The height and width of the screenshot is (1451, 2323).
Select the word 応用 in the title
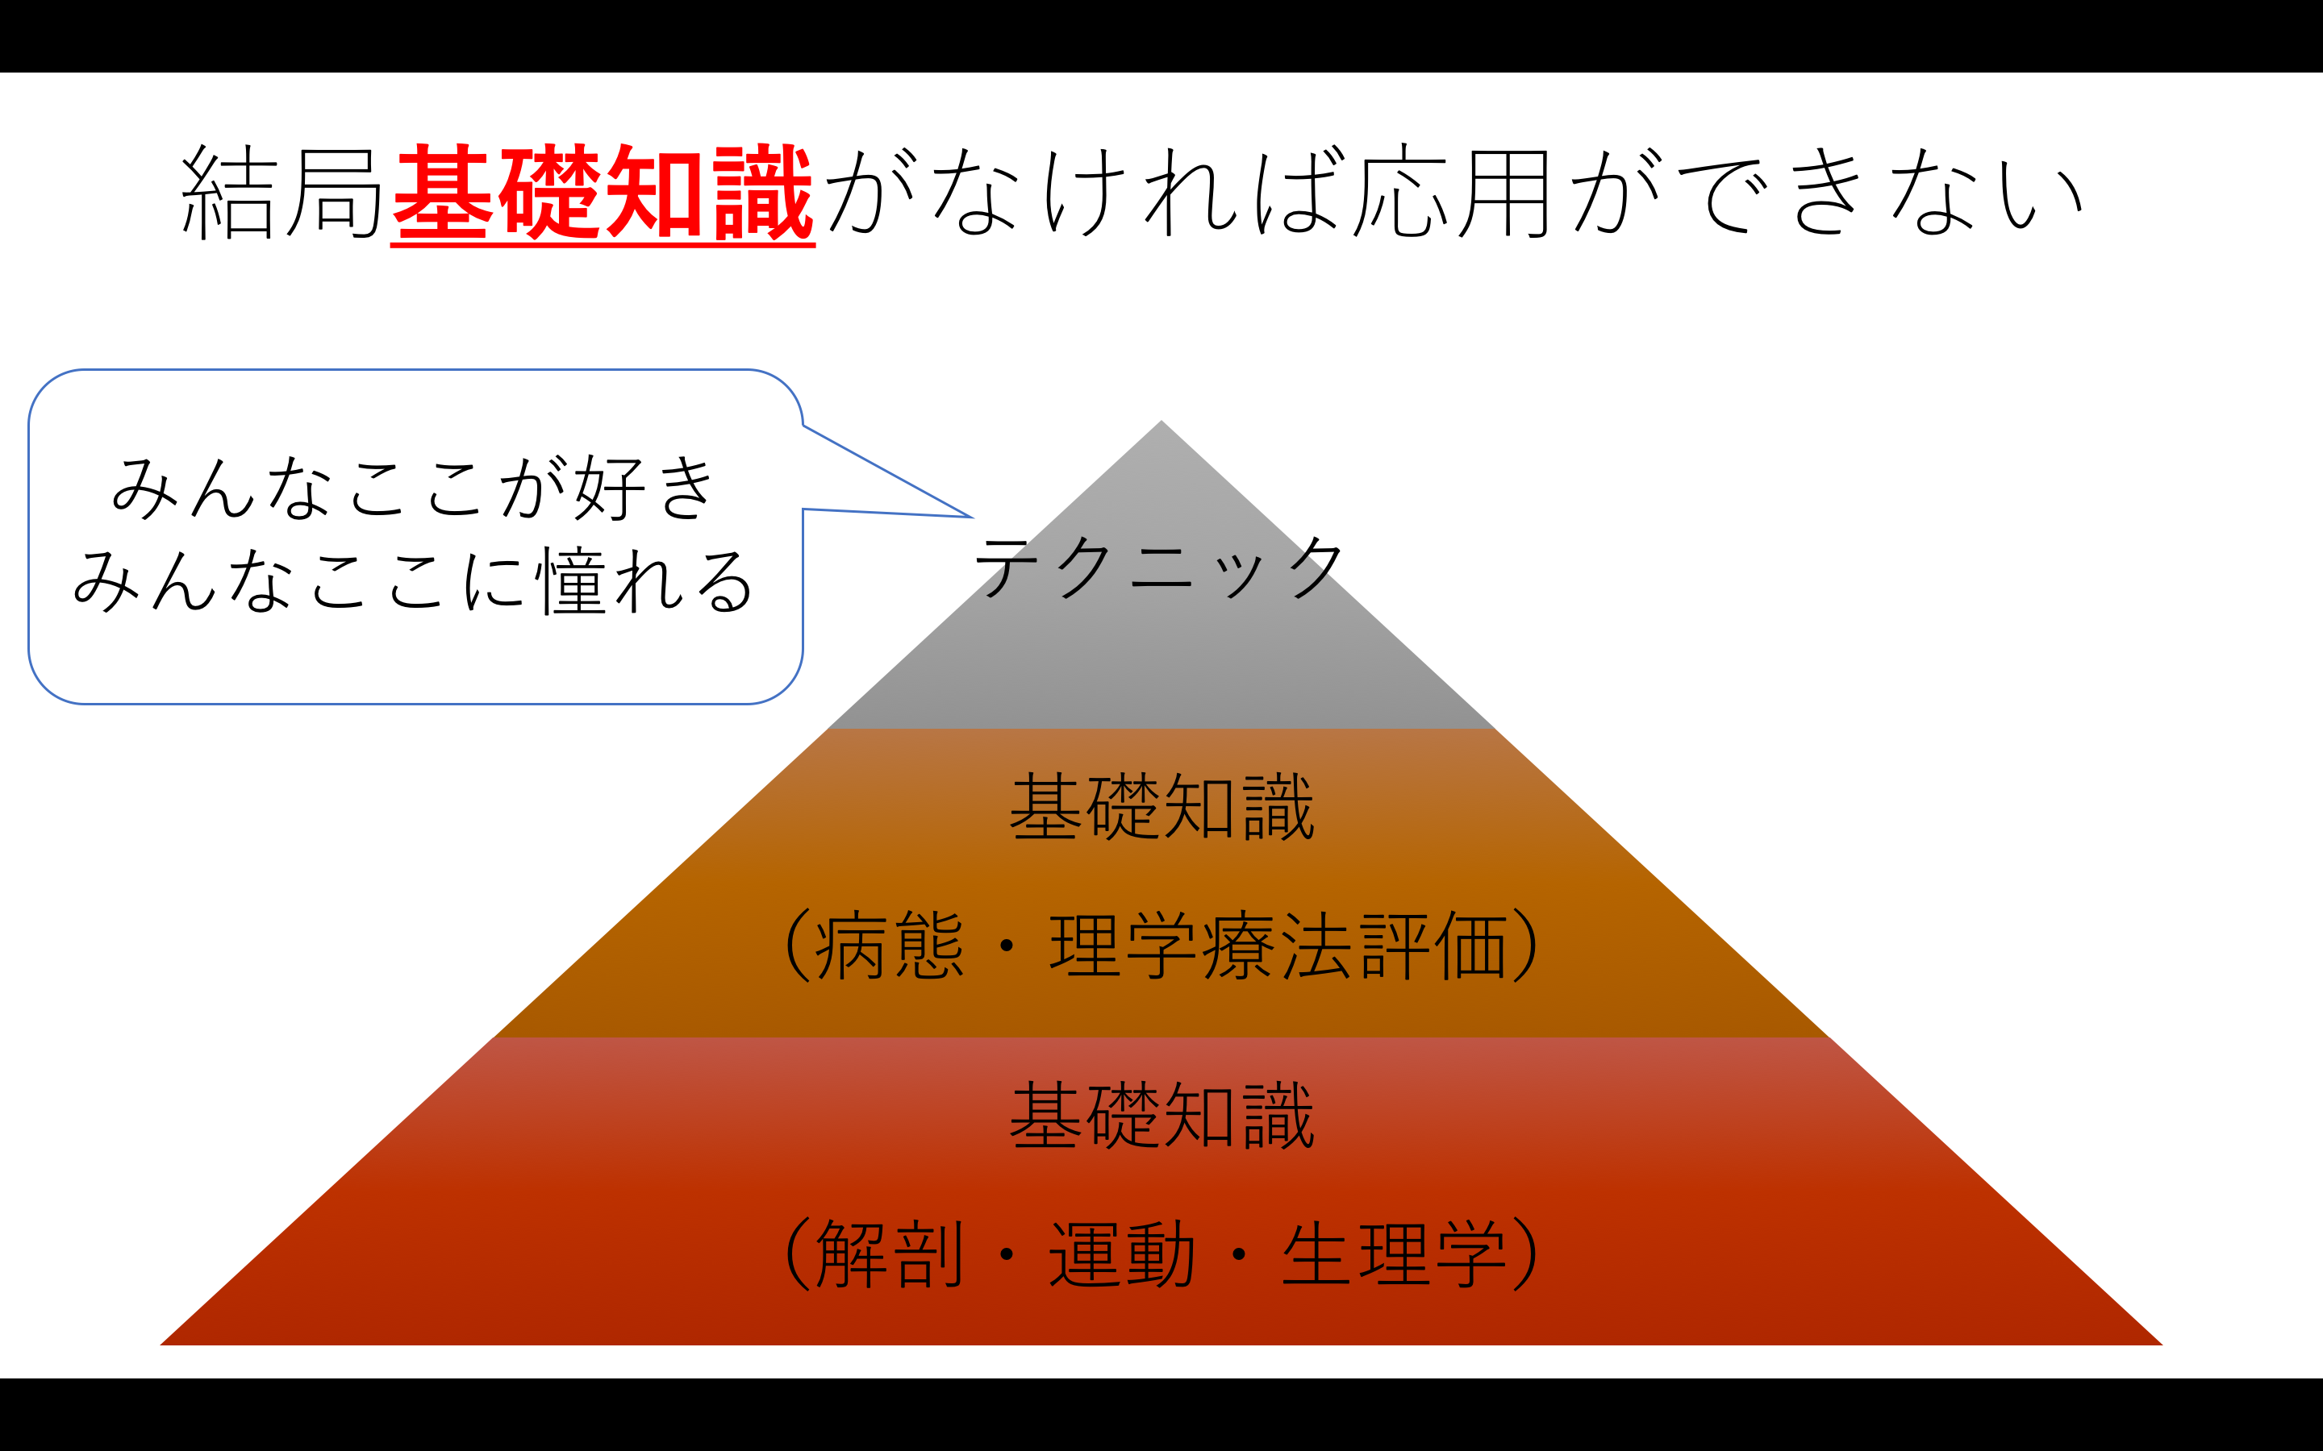(x=1450, y=192)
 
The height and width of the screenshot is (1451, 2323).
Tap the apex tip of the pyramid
(x=1161, y=420)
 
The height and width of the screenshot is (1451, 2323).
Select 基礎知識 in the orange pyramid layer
(x=1161, y=806)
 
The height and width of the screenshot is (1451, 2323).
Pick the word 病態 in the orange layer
(x=889, y=946)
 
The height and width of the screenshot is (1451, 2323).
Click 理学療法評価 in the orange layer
(x=1278, y=946)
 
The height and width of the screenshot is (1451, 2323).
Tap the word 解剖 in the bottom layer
(x=889, y=1254)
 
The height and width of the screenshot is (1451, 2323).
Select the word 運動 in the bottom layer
(x=1122, y=1254)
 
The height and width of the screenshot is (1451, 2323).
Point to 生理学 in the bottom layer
(x=1394, y=1254)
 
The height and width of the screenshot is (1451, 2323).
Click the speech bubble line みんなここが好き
(x=414, y=488)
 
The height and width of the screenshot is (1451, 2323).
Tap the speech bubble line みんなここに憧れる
(x=414, y=580)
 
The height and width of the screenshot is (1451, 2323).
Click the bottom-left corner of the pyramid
(x=161, y=1345)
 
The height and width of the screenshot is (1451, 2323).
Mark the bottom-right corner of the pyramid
(x=2162, y=1345)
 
